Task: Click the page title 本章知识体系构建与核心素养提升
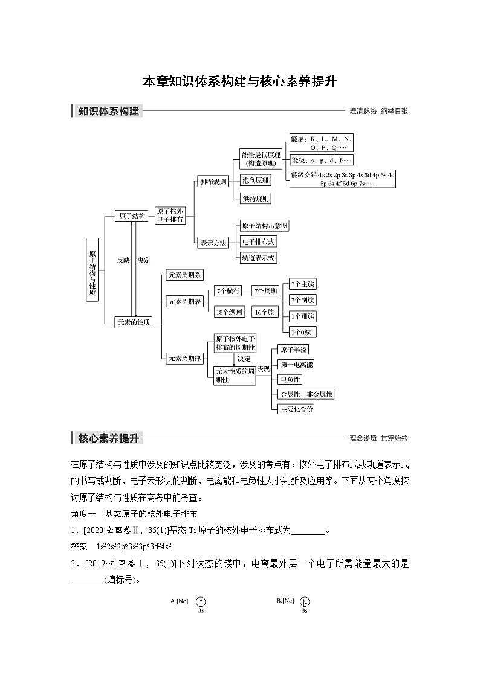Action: click(239, 82)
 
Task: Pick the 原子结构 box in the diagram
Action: click(132, 216)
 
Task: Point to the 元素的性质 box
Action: click(134, 322)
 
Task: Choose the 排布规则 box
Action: click(213, 181)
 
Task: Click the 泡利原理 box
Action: click(256, 180)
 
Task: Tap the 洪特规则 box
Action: click(256, 199)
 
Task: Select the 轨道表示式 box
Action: click(259, 258)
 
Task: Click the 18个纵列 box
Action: click(230, 312)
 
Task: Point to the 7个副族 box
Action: click(303, 300)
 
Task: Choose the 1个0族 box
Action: click(303, 332)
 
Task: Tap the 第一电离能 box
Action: click(297, 365)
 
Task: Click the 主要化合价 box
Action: click(297, 409)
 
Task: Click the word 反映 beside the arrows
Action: click(123, 260)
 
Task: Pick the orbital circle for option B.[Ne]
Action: click(305, 601)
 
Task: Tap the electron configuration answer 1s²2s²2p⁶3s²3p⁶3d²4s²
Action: click(135, 546)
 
